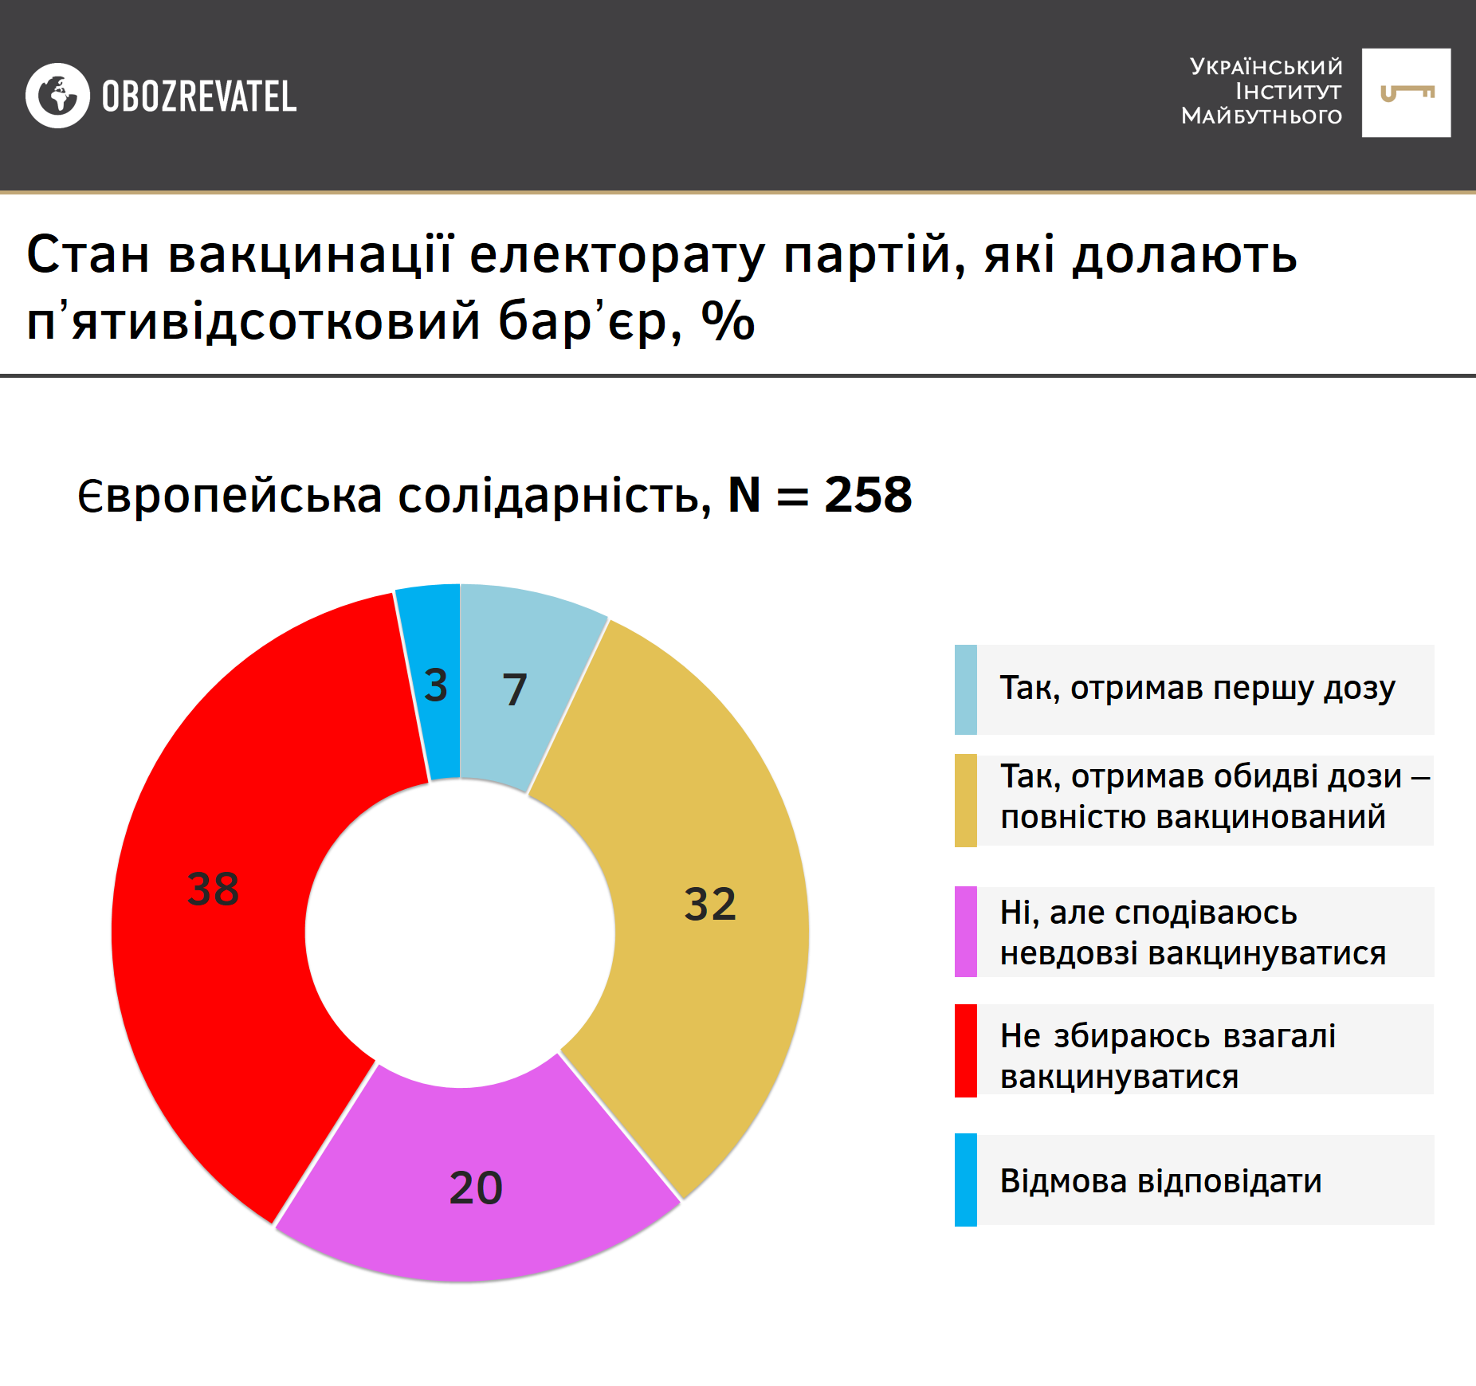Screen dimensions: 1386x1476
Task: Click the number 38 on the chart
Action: [213, 889]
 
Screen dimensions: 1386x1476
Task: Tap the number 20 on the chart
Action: [476, 1188]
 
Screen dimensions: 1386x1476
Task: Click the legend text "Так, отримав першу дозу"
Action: [1197, 688]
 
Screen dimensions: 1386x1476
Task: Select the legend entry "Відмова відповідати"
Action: [1160, 1180]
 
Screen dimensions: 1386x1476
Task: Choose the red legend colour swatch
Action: [966, 1050]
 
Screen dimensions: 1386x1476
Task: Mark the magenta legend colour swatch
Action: [966, 932]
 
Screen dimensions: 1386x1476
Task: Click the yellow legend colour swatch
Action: [966, 800]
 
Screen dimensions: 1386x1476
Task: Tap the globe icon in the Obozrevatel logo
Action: [57, 96]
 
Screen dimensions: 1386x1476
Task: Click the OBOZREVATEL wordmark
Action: [199, 96]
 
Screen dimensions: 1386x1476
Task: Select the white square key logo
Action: [1406, 93]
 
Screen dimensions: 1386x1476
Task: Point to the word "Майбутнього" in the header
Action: [1262, 116]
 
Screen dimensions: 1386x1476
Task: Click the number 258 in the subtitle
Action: [868, 495]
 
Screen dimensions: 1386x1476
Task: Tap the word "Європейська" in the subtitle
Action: [230, 496]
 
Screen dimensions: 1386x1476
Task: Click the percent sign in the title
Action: [728, 321]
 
